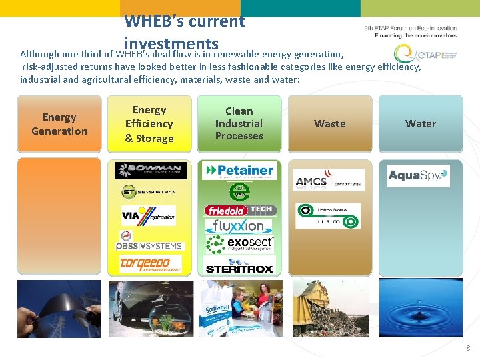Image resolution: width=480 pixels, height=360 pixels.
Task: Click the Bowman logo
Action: click(150, 171)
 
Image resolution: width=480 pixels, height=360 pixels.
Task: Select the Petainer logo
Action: click(239, 171)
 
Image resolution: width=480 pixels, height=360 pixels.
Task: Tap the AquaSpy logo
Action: click(419, 176)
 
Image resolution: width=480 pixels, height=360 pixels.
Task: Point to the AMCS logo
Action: click(329, 180)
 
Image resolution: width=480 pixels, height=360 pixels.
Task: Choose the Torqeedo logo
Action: click(150, 264)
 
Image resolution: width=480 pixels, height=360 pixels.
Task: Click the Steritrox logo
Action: click(239, 269)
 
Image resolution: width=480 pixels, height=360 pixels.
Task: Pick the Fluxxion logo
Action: click(239, 226)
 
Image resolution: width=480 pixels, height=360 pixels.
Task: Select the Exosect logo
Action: click(239, 245)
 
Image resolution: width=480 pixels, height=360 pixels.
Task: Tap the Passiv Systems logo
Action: click(150, 241)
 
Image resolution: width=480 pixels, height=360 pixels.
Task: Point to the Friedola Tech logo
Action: click(239, 210)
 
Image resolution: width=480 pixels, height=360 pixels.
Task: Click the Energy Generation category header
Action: click(59, 124)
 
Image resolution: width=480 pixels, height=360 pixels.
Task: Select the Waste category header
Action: click(329, 124)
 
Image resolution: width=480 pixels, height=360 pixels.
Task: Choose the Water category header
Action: click(420, 124)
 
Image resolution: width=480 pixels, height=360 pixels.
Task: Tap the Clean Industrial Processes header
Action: click(239, 124)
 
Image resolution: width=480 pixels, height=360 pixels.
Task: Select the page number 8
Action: click(469, 348)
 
